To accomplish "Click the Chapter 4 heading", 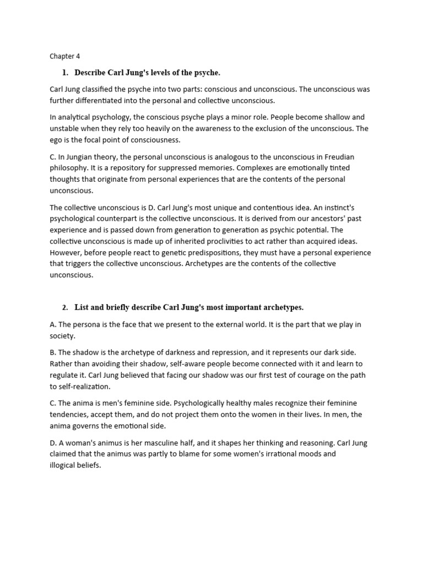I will [x=64, y=56].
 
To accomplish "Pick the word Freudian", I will [x=344, y=156].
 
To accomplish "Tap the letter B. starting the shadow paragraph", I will [x=53, y=352].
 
